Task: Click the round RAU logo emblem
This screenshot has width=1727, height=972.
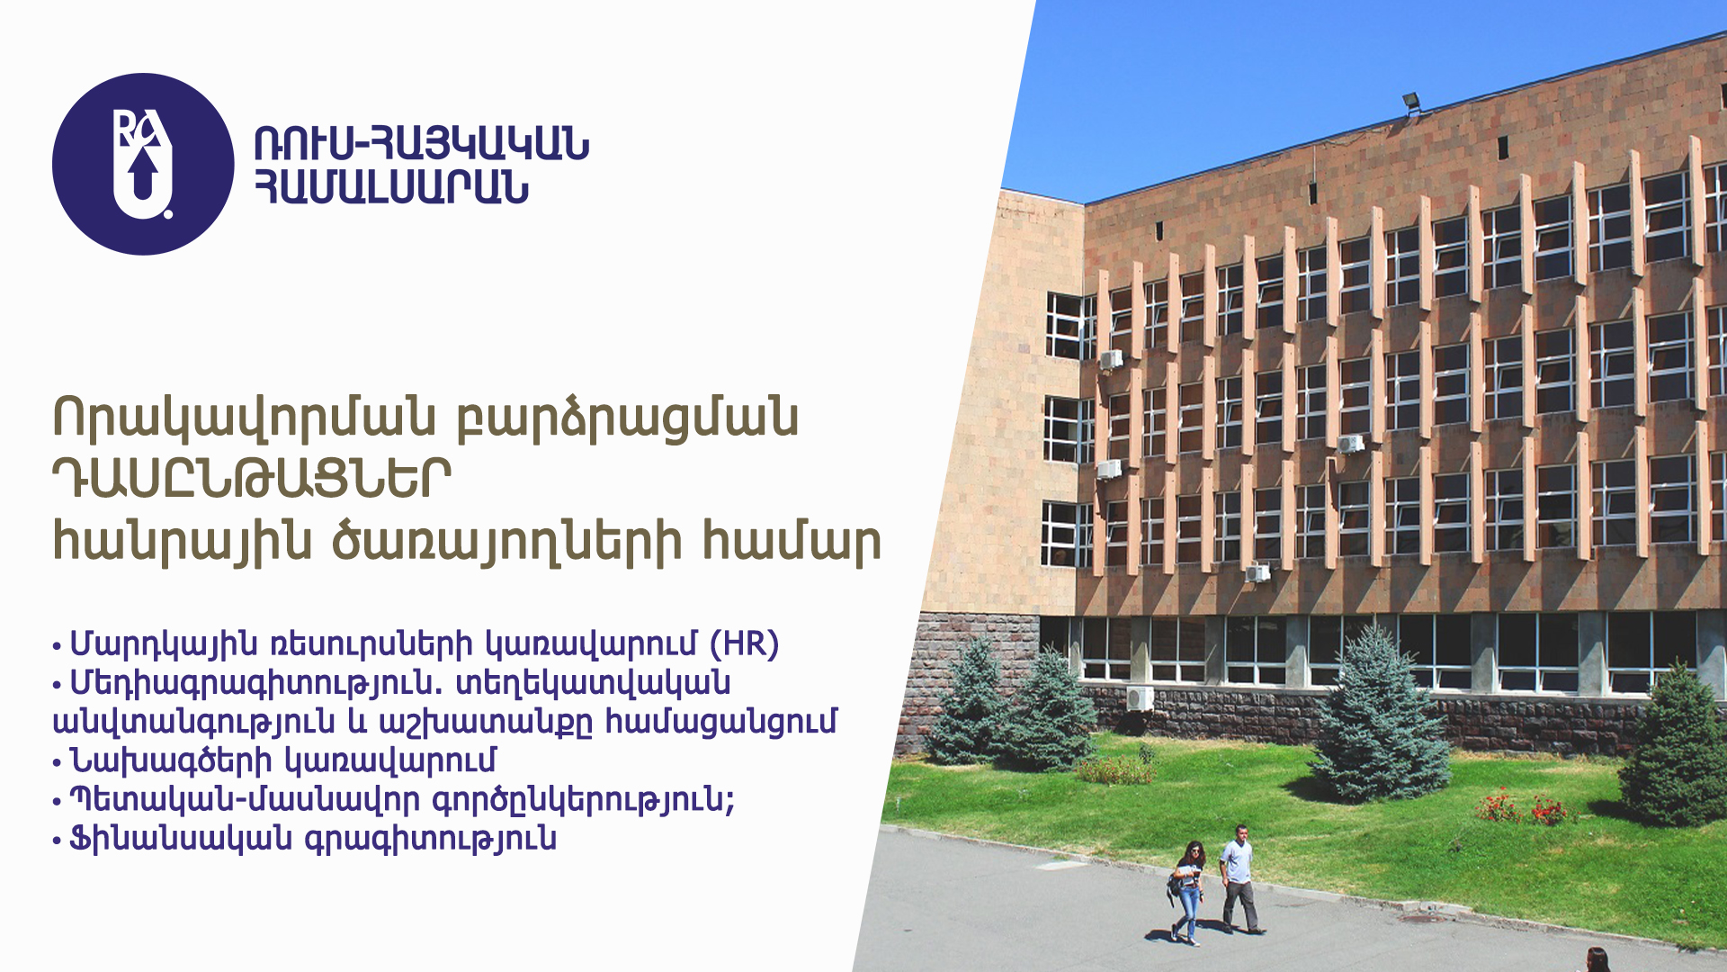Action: [x=143, y=164]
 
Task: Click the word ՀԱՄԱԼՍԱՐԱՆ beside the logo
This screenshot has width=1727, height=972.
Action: [x=391, y=187]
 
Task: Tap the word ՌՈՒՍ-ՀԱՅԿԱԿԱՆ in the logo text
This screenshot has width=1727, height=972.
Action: [x=421, y=143]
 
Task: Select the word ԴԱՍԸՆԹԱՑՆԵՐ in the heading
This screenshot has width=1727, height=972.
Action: [x=252, y=480]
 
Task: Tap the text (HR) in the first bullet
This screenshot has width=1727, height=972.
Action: [x=744, y=644]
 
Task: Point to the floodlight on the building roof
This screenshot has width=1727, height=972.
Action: [x=1411, y=103]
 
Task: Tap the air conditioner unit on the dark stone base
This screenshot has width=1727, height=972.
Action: [x=1140, y=697]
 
